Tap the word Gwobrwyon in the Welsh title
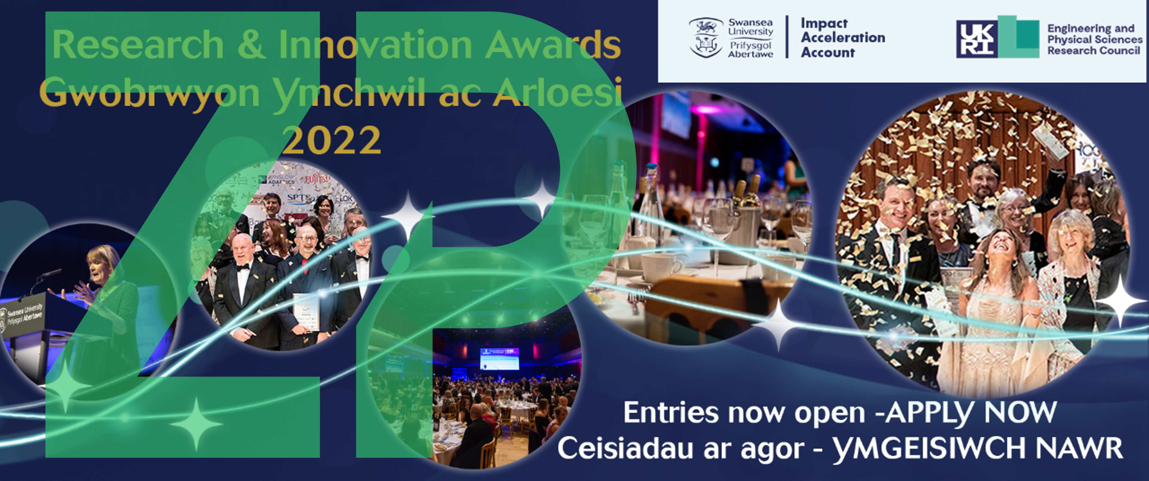(149, 92)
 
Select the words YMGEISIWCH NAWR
(977, 448)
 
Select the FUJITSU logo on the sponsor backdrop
(318, 180)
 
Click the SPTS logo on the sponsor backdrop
(300, 198)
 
